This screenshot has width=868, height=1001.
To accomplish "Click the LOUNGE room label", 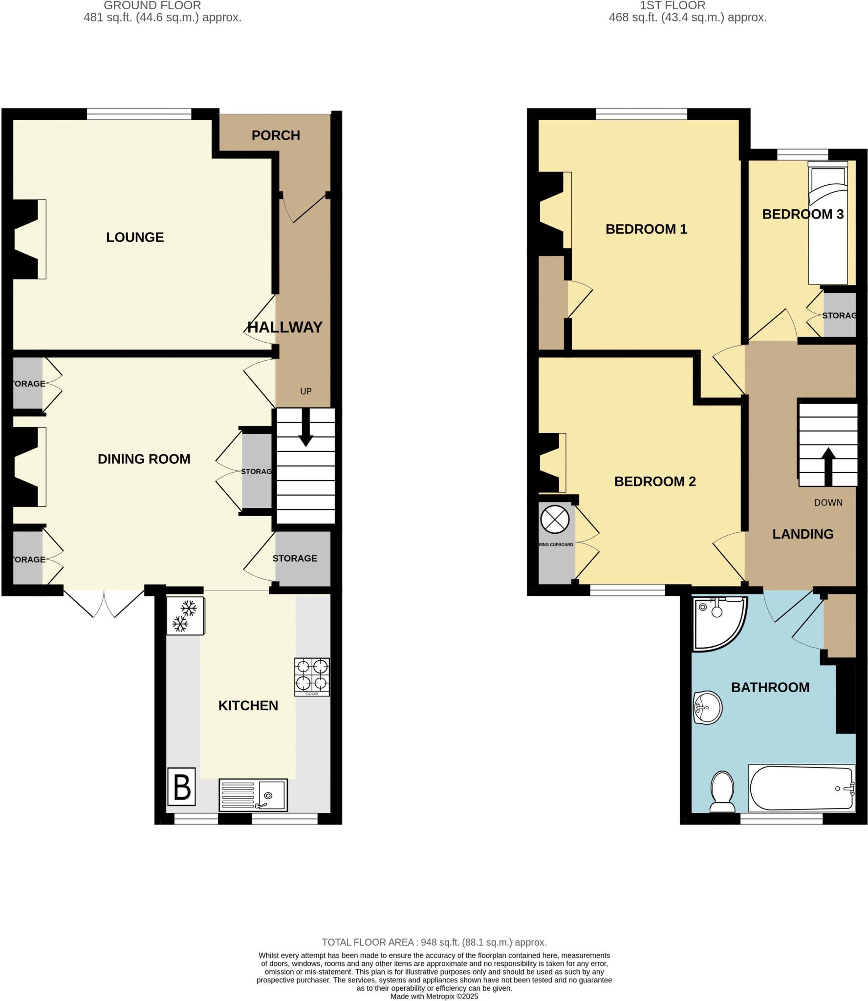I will tap(135, 238).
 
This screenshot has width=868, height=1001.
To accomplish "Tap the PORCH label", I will tap(276, 135).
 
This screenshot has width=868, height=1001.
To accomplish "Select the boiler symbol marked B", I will tap(182, 787).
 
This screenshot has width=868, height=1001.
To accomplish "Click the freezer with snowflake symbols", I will tap(185, 616).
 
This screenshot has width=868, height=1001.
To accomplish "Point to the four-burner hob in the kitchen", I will tap(312, 676).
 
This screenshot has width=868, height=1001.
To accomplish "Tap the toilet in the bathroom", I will tap(722, 792).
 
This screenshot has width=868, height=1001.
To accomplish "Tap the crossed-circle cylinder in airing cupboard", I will tap(555, 520).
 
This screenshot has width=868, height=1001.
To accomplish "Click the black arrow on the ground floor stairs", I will tap(306, 428).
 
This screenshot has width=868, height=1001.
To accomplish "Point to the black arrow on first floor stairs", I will tap(828, 466).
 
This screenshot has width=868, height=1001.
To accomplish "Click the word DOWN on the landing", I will tap(828, 502).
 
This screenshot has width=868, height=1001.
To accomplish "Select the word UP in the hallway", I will tap(306, 391).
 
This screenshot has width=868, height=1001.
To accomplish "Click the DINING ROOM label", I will tap(144, 459).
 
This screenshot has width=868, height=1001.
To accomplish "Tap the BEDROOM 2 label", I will tap(655, 481).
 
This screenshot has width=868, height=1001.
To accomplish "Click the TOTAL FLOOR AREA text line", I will tap(434, 942).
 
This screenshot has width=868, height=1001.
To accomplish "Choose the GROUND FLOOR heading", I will tap(152, 6).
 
